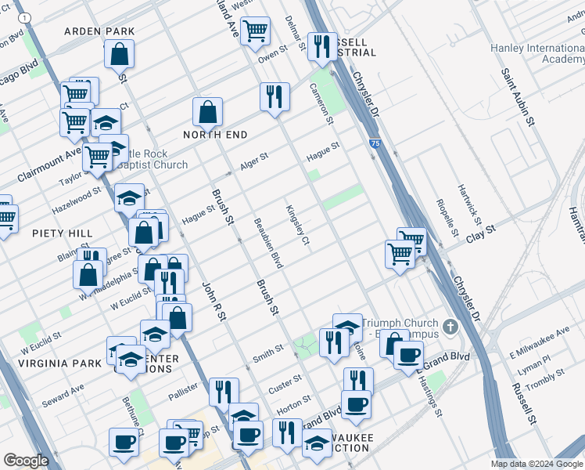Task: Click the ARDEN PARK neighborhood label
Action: point(99,31)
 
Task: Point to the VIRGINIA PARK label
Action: point(62,363)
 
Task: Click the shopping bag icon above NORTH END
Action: point(208,112)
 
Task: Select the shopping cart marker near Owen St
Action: point(255,31)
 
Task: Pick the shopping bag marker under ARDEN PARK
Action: point(120,55)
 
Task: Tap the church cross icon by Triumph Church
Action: point(450,326)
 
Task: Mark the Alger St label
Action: point(254,159)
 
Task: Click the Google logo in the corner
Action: point(26,461)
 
